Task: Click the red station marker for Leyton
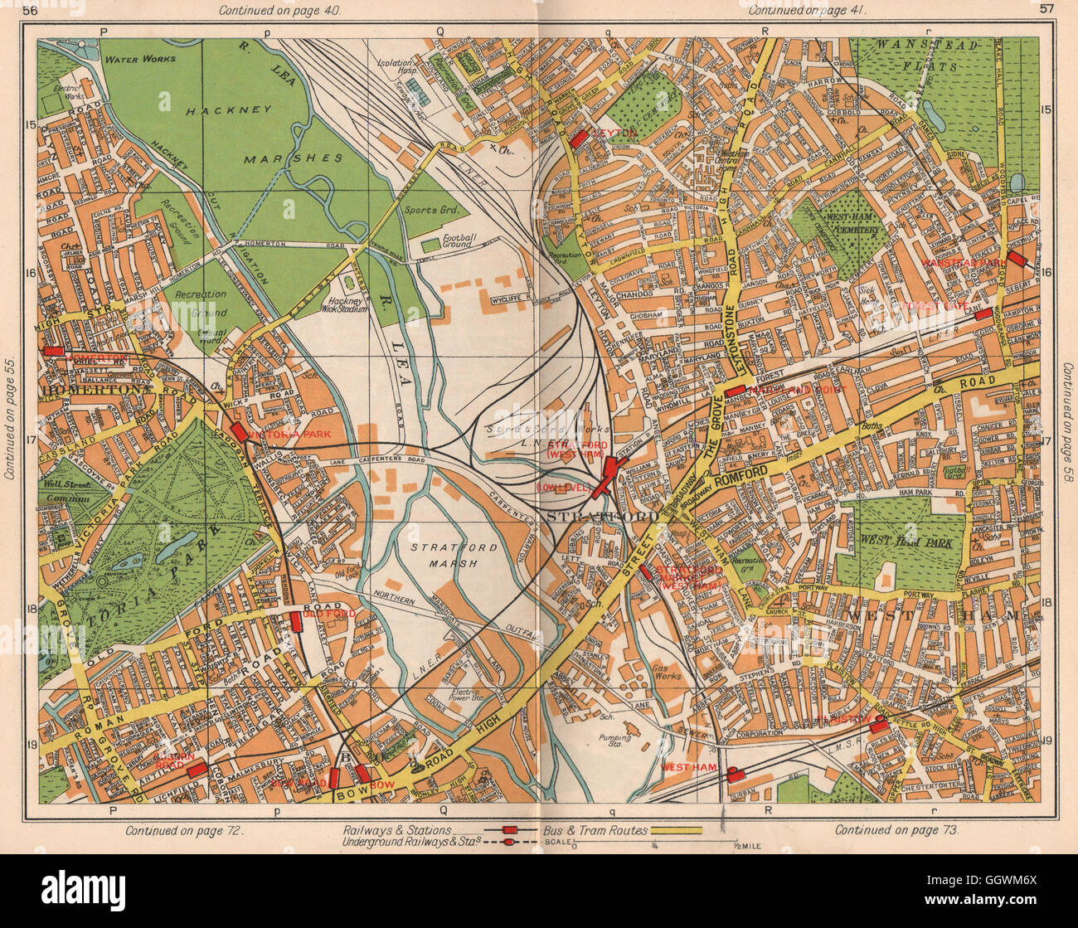[x=579, y=138]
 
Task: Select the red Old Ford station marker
[x=295, y=622]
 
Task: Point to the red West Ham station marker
[x=734, y=775]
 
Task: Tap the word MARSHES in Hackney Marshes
[x=293, y=158]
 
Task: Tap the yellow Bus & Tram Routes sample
[x=676, y=829]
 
